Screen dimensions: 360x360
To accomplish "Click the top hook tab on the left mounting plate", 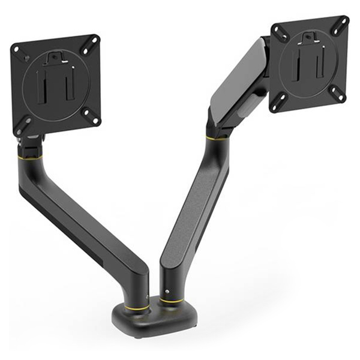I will point(55,58).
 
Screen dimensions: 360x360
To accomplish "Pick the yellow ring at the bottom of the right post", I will point(170,301).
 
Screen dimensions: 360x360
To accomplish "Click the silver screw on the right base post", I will point(168,292).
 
